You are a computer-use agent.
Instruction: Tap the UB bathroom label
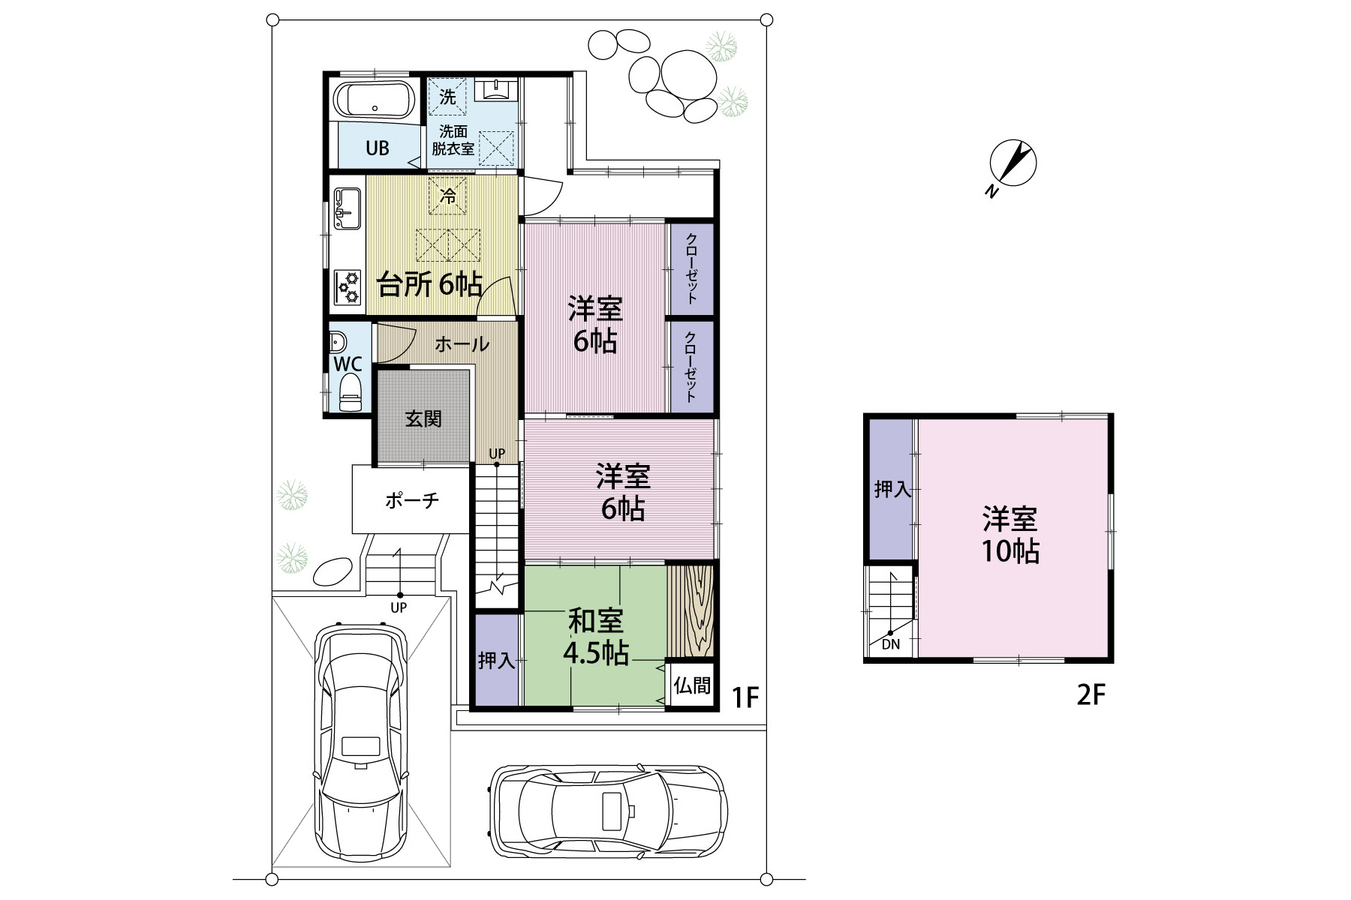pyautogui.click(x=378, y=148)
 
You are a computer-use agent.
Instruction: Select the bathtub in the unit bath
pyautogui.click(x=374, y=100)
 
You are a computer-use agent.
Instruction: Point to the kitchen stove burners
pyautogui.click(x=348, y=286)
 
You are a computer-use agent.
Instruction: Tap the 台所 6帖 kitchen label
pyautogui.click(x=429, y=285)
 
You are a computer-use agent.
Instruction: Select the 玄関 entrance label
pyautogui.click(x=423, y=418)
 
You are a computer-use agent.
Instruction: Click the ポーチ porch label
pyautogui.click(x=412, y=500)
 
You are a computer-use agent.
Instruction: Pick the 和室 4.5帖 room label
pyautogui.click(x=596, y=637)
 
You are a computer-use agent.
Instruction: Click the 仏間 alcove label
pyautogui.click(x=692, y=685)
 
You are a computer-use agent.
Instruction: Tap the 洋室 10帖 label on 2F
pyautogui.click(x=1011, y=535)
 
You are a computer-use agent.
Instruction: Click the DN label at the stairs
pyautogui.click(x=891, y=644)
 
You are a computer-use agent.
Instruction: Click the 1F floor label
pyautogui.click(x=746, y=698)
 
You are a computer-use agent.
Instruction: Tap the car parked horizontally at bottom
pyautogui.click(x=607, y=811)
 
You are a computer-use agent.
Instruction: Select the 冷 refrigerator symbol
pyautogui.click(x=448, y=196)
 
